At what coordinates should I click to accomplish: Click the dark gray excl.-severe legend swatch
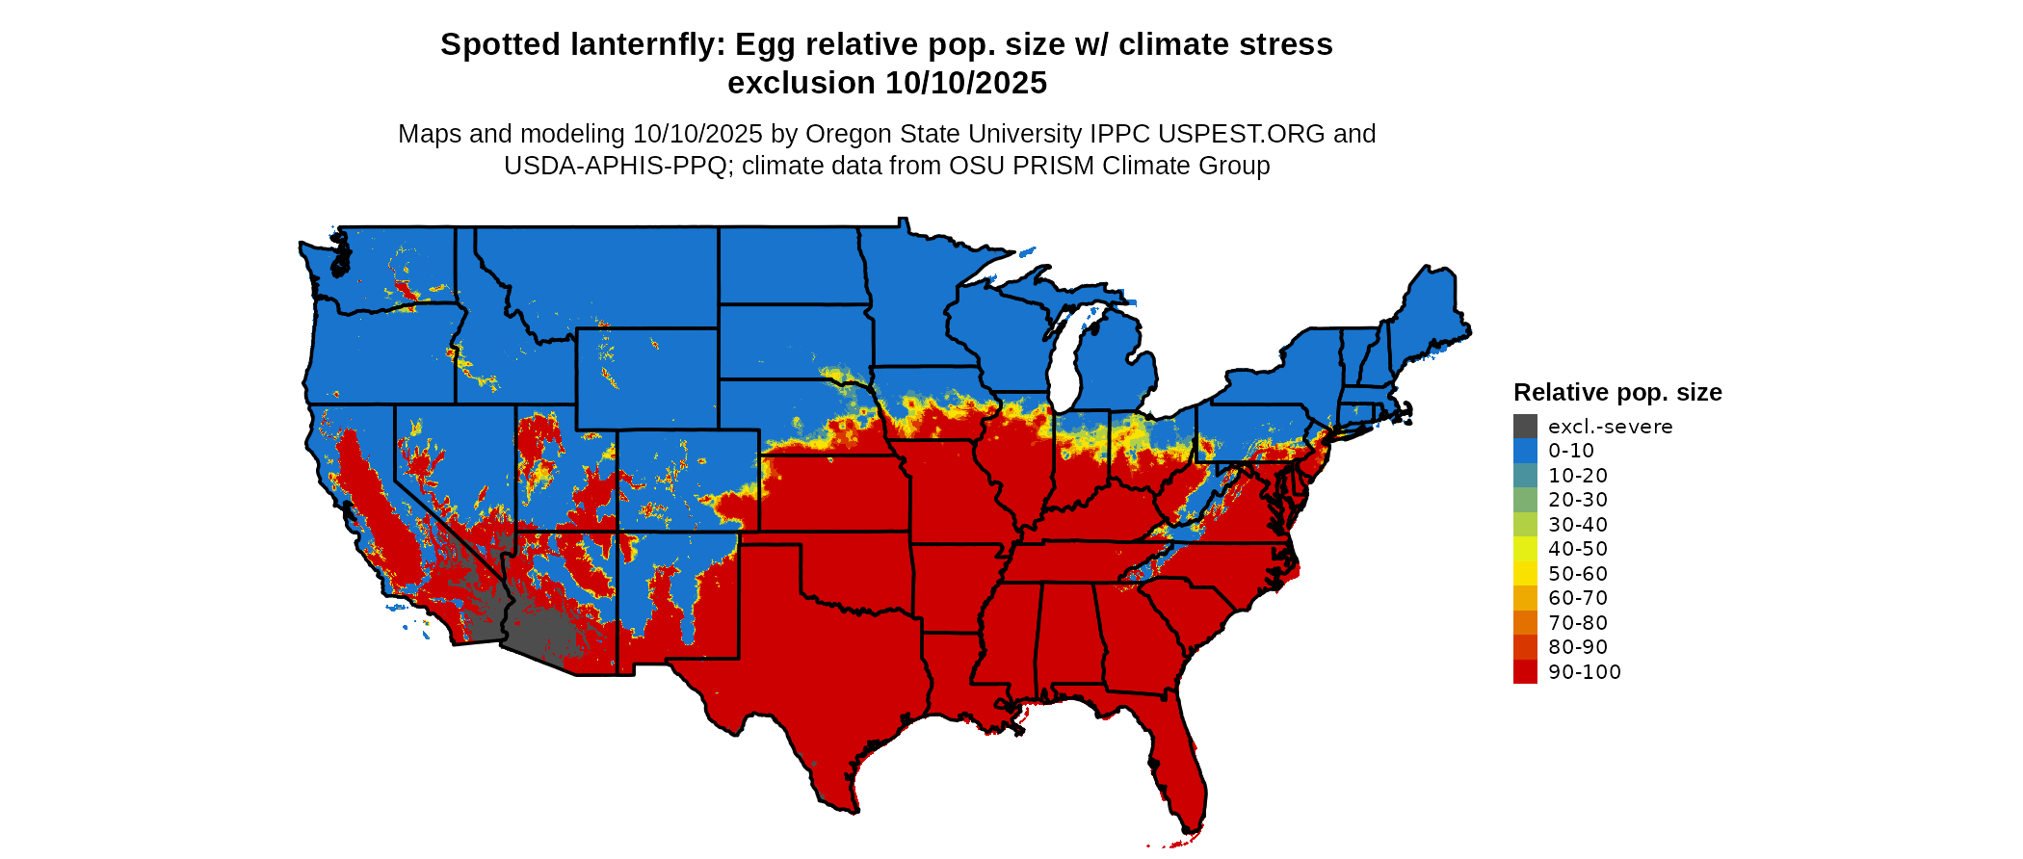tap(1525, 427)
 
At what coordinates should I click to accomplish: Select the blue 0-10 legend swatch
tap(1525, 451)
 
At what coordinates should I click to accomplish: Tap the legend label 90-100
tap(1585, 672)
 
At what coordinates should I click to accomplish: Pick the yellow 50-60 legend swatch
tap(1525, 574)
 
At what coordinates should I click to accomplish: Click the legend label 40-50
tap(1578, 549)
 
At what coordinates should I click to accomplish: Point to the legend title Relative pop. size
tap(1617, 393)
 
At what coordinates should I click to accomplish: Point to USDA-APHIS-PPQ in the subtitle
tap(615, 166)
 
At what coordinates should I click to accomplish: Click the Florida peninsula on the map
tap(1180, 770)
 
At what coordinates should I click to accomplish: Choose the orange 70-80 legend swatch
tap(1525, 623)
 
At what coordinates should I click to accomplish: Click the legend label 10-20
tap(1578, 476)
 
